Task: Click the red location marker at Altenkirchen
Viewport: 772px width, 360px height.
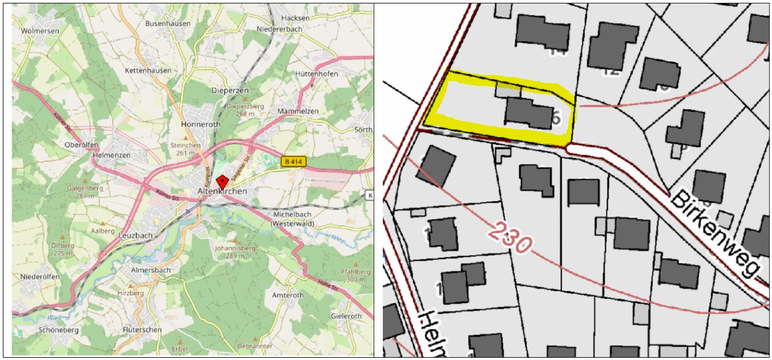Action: coord(222,180)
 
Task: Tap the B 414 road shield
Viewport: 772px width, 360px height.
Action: coord(292,162)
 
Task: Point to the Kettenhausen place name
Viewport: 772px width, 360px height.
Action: coord(148,70)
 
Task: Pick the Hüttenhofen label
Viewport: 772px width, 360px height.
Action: coord(316,74)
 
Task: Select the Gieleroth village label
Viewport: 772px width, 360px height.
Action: coord(346,316)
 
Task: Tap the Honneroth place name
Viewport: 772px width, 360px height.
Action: coord(200,124)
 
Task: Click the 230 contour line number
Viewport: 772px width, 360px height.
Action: coord(511,237)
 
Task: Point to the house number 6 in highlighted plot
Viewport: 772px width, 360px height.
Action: coord(554,118)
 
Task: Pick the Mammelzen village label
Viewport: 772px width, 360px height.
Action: coord(297,111)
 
